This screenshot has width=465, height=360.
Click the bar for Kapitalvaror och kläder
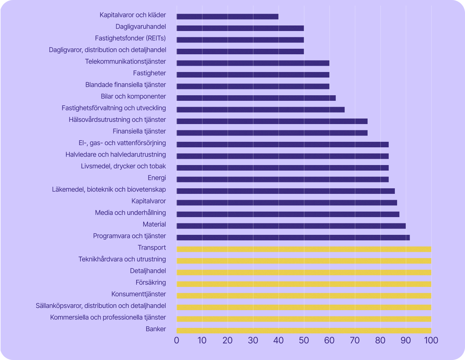pyautogui.click(x=227, y=17)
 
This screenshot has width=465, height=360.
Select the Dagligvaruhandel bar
pyautogui.click(x=240, y=28)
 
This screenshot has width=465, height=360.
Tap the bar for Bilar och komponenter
pyautogui.click(x=256, y=98)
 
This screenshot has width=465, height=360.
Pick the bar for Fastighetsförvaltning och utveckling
pyautogui.click(x=261, y=110)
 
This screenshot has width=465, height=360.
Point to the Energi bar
pyautogui.click(x=282, y=179)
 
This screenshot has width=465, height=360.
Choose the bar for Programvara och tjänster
pyautogui.click(x=293, y=237)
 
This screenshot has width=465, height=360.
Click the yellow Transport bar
pyautogui.click(x=304, y=249)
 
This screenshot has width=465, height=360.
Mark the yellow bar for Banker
pyautogui.click(x=304, y=330)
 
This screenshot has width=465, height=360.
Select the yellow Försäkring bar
pyautogui.click(x=304, y=284)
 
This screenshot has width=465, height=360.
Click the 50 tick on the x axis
pyautogui.click(x=304, y=340)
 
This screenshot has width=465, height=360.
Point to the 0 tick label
pyautogui.click(x=176, y=340)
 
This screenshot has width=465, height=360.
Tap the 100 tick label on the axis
pyautogui.click(x=431, y=340)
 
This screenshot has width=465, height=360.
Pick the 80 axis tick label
pyautogui.click(x=380, y=340)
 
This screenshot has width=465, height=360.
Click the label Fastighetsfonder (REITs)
pyautogui.click(x=130, y=38)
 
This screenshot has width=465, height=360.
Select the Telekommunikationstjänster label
pyautogui.click(x=125, y=61)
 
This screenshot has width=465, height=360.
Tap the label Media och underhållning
pyautogui.click(x=130, y=213)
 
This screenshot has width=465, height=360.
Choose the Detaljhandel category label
pyautogui.click(x=148, y=271)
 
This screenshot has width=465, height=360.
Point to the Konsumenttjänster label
pyautogui.click(x=139, y=294)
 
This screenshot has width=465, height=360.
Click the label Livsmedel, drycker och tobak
pyautogui.click(x=123, y=166)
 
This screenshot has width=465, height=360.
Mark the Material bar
pyautogui.click(x=291, y=226)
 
